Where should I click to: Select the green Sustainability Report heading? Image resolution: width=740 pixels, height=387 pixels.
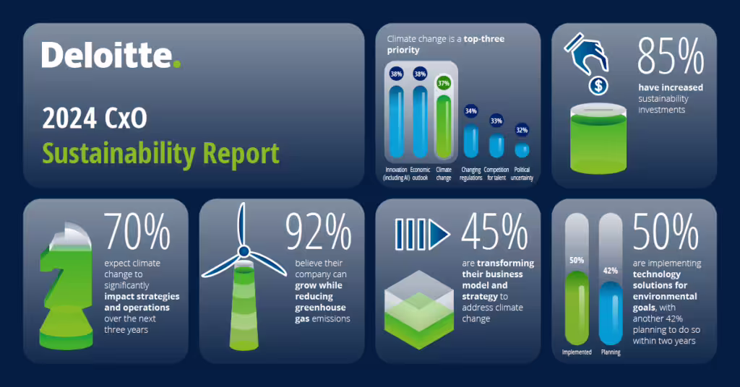coord(160,153)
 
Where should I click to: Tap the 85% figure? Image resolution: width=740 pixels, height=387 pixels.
coord(671,56)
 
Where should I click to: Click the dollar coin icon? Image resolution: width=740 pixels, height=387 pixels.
coord(598,86)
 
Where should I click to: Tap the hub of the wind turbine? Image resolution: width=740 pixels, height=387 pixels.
coord(244,251)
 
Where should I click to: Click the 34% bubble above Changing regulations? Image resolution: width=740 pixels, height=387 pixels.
coord(471,111)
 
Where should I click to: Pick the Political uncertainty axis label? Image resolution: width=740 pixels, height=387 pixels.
coord(522,174)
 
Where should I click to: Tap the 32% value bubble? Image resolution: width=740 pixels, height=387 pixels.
coord(522,131)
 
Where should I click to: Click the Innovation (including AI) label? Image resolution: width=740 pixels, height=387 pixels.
coord(395,174)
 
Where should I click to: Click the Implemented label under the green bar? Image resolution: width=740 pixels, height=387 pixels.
coord(577,352)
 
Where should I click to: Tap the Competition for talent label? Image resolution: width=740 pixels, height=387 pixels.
coord(496,174)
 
